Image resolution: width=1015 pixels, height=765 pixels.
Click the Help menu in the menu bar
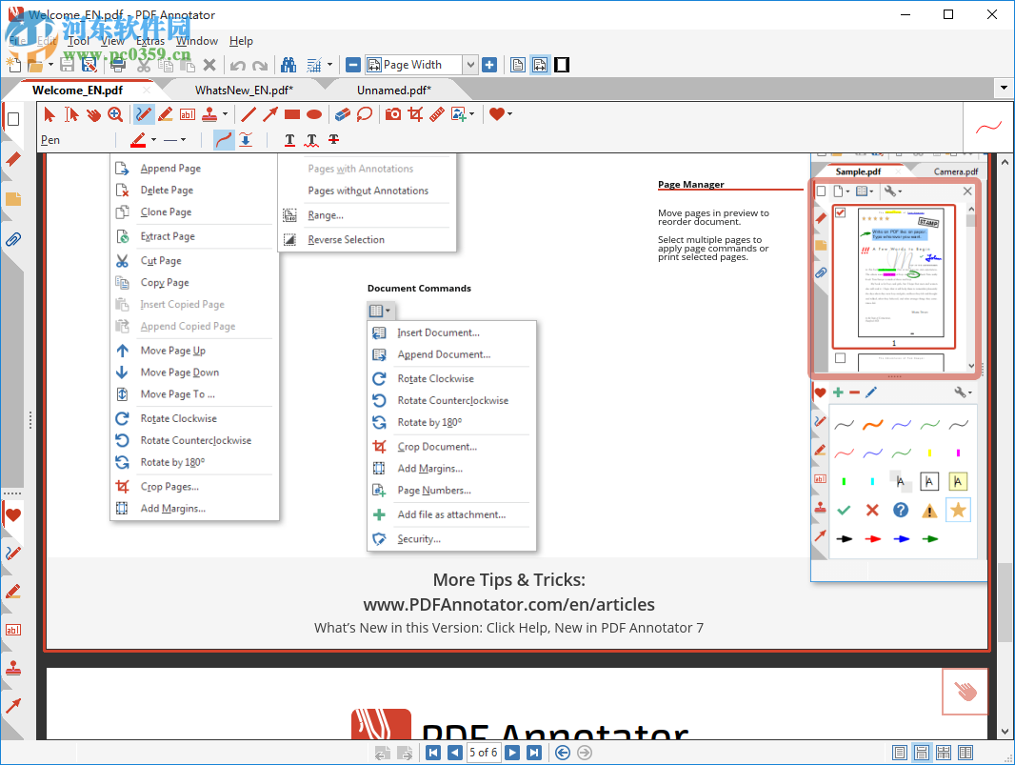tap(241, 41)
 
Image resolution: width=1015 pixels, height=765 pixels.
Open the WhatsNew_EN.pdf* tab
tap(244, 91)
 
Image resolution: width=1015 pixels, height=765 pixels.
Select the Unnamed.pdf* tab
tap(393, 91)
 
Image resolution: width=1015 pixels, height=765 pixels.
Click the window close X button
tap(991, 14)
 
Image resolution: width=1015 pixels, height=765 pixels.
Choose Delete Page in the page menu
tap(167, 191)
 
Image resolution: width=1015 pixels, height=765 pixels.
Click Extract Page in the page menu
tap(168, 236)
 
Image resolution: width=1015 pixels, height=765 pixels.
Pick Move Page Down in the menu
tap(179, 372)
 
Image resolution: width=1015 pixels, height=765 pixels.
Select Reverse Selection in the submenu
tap(346, 240)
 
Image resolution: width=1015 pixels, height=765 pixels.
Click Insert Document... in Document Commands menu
tap(438, 332)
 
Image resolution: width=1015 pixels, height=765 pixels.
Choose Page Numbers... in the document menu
tap(434, 491)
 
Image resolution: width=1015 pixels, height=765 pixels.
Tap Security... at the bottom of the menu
tap(419, 539)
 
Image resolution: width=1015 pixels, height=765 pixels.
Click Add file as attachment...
tap(451, 514)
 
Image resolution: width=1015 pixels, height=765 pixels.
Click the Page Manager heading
tap(690, 185)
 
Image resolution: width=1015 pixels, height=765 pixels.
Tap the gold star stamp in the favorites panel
tap(958, 511)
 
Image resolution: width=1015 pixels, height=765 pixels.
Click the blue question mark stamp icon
tap(901, 511)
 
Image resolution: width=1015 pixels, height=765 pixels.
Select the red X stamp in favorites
tap(872, 511)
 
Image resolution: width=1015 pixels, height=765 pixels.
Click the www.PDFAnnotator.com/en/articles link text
tap(508, 604)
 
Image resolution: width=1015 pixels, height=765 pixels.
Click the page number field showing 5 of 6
tap(483, 753)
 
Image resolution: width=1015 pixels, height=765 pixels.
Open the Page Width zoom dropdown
tap(469, 65)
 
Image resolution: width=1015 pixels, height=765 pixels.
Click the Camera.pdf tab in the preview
tap(955, 171)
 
